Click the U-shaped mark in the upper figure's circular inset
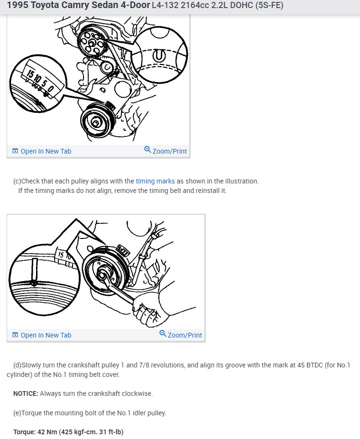pos(158,56)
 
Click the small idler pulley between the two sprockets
pos(109,68)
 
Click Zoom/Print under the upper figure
pos(166,151)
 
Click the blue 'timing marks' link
pos(155,181)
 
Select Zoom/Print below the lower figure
pos(181,335)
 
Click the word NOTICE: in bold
pos(26,393)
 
